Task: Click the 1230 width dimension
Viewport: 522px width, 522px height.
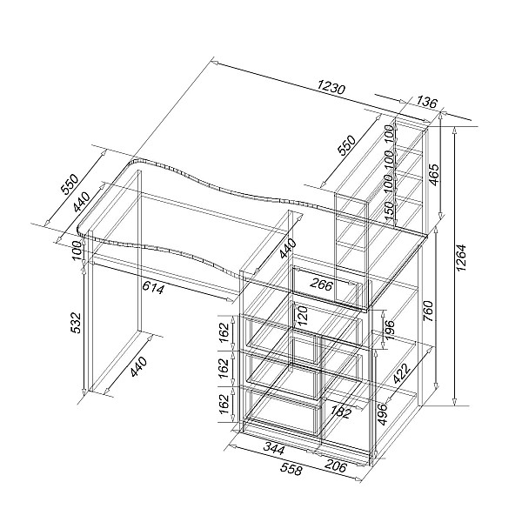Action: (331, 88)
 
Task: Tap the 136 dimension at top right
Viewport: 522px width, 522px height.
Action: (426, 102)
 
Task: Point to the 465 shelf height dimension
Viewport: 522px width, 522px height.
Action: (433, 176)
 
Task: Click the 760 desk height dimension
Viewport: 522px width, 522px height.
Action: (428, 311)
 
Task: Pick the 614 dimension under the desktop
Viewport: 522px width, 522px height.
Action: (153, 287)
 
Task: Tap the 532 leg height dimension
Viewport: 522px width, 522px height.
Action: (77, 322)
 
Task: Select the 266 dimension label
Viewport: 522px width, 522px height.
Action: (321, 284)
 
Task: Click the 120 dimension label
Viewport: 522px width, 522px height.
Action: (303, 316)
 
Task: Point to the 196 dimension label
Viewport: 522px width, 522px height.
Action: (389, 330)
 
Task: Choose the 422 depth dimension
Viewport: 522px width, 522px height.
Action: (400, 373)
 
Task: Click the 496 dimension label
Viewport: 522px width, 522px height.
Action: (383, 414)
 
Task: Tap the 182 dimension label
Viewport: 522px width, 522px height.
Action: (339, 412)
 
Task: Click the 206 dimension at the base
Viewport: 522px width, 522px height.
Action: (335, 466)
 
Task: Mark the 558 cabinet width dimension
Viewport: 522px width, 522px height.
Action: (291, 469)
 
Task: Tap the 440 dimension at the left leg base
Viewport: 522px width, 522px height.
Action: (138, 366)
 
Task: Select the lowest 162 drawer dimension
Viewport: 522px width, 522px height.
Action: (224, 404)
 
